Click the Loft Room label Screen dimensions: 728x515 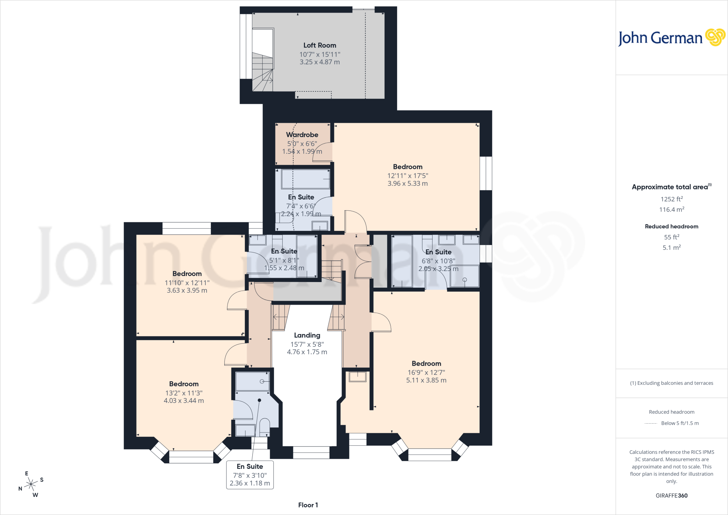click(x=320, y=45)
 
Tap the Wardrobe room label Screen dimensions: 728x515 click(x=302, y=135)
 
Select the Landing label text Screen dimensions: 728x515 click(x=307, y=335)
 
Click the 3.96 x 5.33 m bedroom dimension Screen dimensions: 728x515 click(x=408, y=184)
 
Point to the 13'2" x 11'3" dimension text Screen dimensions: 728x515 click(x=184, y=393)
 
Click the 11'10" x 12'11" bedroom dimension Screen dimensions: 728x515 click(x=187, y=283)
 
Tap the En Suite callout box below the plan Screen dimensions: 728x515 click(x=250, y=475)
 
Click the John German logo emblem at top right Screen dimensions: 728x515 click(x=715, y=37)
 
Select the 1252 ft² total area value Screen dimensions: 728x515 click(x=672, y=199)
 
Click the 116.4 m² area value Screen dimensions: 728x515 click(x=672, y=209)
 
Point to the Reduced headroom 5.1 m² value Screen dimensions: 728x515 click(x=672, y=248)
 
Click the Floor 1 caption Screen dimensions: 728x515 click(x=308, y=505)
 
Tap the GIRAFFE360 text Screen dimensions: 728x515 click(x=672, y=495)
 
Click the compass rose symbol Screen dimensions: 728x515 click(x=31, y=484)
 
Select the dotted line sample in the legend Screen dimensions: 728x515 click(x=651, y=423)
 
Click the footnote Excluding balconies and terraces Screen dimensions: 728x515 click(x=672, y=383)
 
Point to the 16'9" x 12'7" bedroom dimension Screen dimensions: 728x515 click(x=426, y=372)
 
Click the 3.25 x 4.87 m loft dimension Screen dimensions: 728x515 click(x=320, y=62)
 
